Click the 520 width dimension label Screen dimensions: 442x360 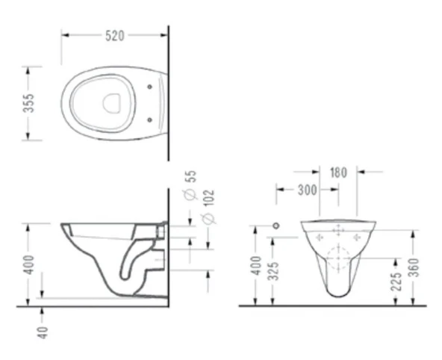coord(115,36)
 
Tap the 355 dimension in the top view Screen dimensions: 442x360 coord(28,103)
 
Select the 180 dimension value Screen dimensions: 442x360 coord(338,173)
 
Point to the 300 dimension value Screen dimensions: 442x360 coord(308,190)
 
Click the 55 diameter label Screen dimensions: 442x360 coord(191,176)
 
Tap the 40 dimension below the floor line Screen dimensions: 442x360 coord(43,332)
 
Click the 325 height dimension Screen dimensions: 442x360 coord(273,271)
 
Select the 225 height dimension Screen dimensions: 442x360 coord(396,282)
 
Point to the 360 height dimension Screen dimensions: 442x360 coord(414,267)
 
